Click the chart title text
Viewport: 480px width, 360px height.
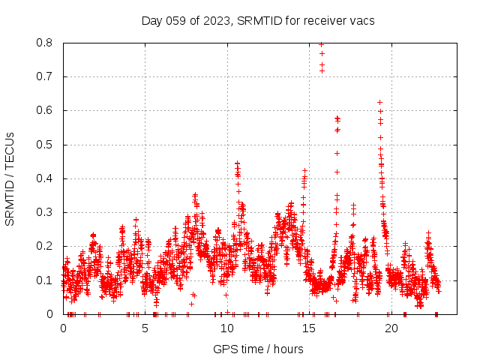tap(258, 20)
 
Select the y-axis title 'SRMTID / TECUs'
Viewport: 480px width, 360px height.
tap(10, 178)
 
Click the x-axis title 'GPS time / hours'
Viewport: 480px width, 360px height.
tap(258, 349)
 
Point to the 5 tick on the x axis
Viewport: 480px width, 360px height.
tap(145, 328)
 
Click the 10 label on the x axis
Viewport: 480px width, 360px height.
tap(227, 328)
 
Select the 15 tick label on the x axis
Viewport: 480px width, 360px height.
tap(310, 328)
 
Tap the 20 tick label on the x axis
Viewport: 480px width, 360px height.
tap(391, 328)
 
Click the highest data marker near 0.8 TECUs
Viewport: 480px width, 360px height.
tap(322, 44)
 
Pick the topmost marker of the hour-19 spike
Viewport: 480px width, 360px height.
tap(380, 102)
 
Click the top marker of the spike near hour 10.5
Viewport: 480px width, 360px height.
tap(237, 162)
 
